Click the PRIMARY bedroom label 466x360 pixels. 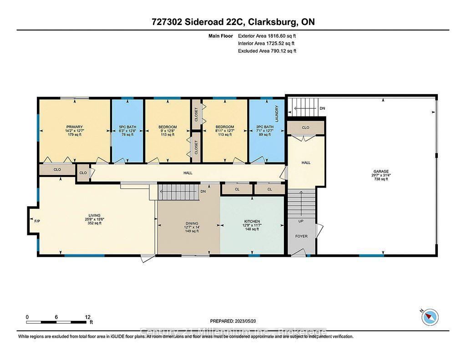pos(74,127)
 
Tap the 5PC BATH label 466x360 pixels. pos(127,127)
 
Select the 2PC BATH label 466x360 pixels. pos(264,127)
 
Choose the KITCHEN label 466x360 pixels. pos(251,221)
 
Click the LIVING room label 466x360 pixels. pos(94,215)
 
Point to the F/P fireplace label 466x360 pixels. pos(37,221)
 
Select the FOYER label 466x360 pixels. pos(301,237)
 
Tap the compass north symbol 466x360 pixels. pos(430,317)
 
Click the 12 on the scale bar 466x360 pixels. pos(88,317)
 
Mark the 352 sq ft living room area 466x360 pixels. pos(94,223)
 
